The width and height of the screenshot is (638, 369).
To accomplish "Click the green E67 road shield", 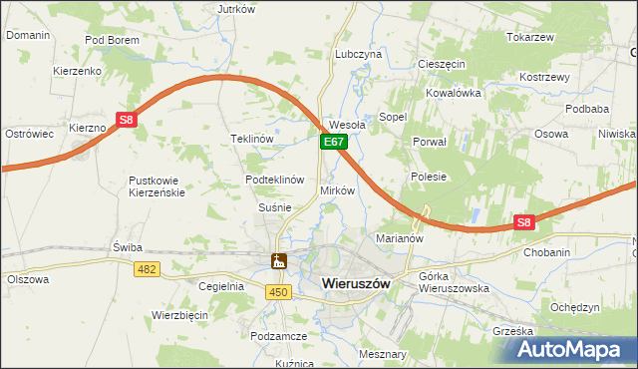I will point(334,144).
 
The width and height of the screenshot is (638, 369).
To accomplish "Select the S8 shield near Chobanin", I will point(524,223).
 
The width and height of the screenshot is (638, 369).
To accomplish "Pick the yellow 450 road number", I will point(279,291).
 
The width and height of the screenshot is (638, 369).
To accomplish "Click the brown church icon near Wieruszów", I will point(279,262).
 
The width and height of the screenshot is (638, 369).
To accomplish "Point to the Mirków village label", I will point(337,189).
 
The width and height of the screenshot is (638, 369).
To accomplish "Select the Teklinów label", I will point(252,139).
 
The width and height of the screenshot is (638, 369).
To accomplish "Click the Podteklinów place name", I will point(274,180).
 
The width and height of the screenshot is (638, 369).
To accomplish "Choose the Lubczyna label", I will point(359,54).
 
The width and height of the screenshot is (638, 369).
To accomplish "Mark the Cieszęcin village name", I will point(442,63).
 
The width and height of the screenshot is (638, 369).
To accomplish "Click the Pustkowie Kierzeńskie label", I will point(157,186).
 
